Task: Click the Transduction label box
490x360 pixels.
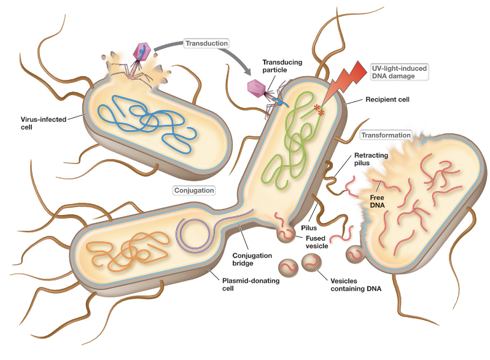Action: (206, 43)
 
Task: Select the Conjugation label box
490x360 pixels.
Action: (193, 190)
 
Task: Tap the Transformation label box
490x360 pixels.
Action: (386, 135)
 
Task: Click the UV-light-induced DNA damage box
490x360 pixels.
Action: (398, 71)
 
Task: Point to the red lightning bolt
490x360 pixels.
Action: (344, 80)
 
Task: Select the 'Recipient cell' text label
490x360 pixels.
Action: (387, 98)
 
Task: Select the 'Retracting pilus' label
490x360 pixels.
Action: (371, 160)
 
